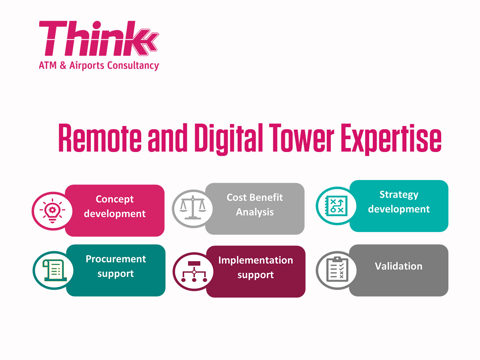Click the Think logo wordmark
point(98,39)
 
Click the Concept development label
point(115,206)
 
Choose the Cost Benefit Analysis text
point(255,205)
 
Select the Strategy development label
point(399,202)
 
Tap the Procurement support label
point(116,266)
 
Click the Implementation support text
point(256,268)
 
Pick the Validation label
point(398,266)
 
